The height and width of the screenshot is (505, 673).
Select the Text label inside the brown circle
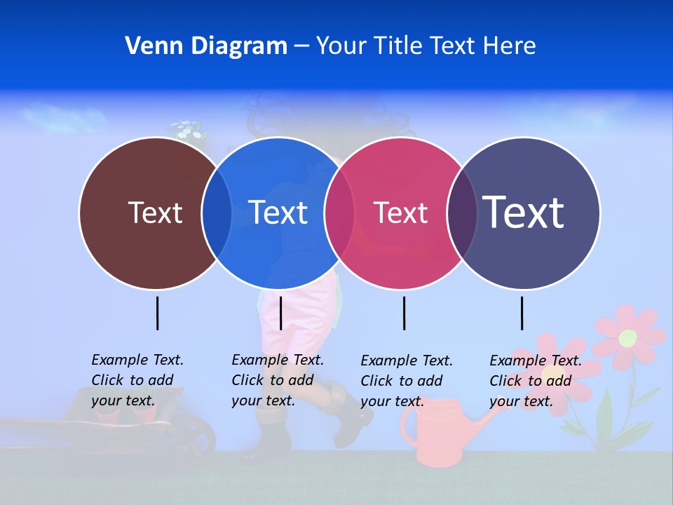coord(155,213)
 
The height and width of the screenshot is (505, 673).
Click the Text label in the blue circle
coord(278,213)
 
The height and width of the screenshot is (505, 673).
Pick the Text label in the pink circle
coord(400,213)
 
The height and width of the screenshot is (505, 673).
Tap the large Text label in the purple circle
coord(524,213)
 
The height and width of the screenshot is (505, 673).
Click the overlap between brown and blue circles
coord(217,213)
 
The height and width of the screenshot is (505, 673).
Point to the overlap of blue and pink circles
coord(339,213)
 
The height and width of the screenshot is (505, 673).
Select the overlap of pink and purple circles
coord(462,213)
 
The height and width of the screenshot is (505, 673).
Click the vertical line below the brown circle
coord(157,313)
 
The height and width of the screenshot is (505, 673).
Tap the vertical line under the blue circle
coord(280,313)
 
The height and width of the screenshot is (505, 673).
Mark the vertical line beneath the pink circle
coord(404,313)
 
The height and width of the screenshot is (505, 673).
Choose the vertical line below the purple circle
coord(522,313)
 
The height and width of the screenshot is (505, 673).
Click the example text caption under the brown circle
coord(137,380)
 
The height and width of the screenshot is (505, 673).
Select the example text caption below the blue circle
coord(278,380)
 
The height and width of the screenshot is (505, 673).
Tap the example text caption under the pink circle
coord(407,381)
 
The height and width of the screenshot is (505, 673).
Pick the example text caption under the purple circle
coord(536,381)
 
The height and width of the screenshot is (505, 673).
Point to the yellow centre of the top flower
coord(627,338)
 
